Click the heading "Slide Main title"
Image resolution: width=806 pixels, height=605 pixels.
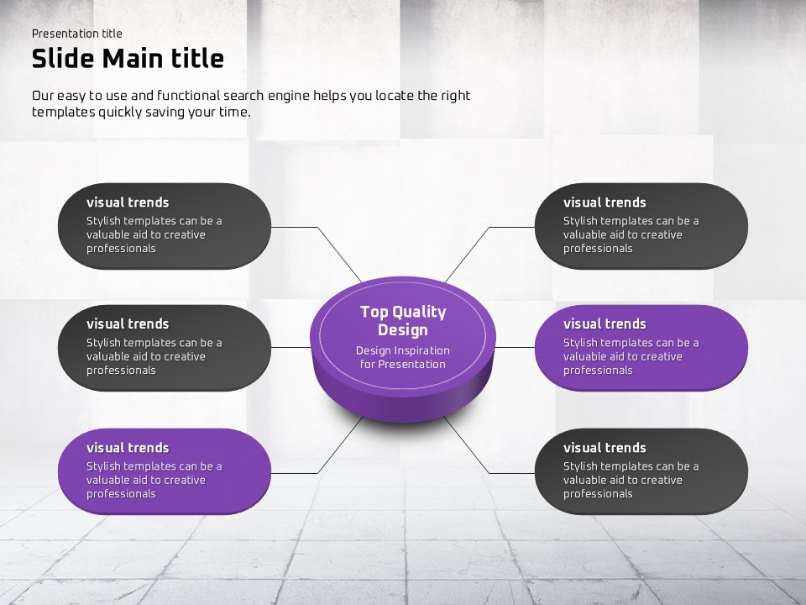[x=128, y=58]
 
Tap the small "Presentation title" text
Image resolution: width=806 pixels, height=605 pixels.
[x=77, y=34]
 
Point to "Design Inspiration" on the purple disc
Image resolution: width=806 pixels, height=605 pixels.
[x=403, y=351]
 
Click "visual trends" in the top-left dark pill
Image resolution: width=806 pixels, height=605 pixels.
[x=128, y=203]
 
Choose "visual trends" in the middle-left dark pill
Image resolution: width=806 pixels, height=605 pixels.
[x=128, y=324]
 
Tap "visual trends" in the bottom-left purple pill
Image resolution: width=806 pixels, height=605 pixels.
[x=128, y=448]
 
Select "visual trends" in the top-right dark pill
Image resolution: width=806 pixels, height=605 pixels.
[x=604, y=203]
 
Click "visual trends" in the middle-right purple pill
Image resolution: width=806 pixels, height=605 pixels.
[x=604, y=324]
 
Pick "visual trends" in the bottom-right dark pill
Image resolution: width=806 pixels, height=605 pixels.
[x=604, y=448]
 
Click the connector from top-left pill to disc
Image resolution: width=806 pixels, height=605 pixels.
[x=317, y=228]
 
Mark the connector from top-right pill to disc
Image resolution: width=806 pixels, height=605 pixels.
[x=489, y=228]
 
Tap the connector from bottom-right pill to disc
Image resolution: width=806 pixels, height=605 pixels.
[x=489, y=472]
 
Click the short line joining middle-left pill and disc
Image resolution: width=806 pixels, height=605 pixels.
[x=291, y=347]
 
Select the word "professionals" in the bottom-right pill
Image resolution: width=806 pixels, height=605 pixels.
[x=598, y=494]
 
